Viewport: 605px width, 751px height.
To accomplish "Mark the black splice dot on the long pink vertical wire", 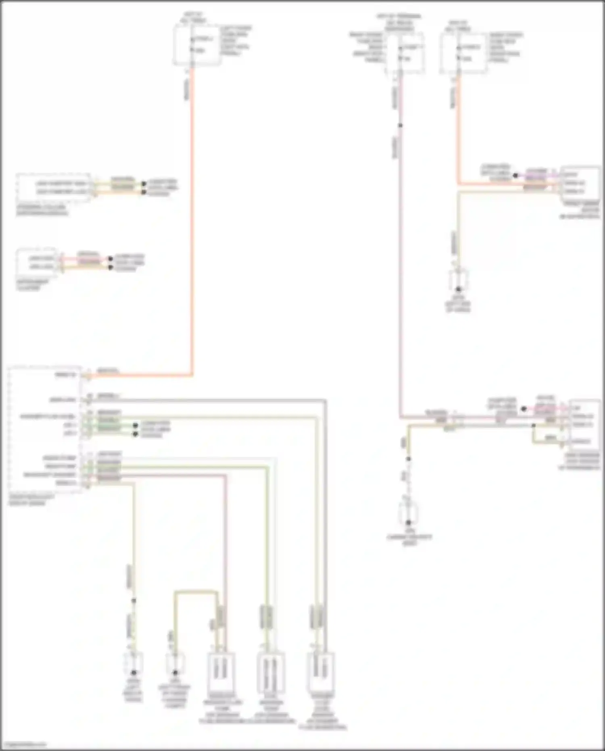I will [x=400, y=126].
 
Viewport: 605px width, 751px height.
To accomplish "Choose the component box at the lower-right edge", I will [x=584, y=425].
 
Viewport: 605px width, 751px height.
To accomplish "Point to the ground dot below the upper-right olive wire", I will [x=458, y=289].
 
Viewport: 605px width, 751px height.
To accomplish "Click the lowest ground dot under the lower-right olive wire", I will [x=408, y=522].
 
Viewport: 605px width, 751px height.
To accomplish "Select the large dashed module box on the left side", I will [x=45, y=429].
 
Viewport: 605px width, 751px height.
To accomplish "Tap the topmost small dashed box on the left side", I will [x=53, y=188].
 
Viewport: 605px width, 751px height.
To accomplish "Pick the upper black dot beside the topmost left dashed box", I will [x=144, y=184].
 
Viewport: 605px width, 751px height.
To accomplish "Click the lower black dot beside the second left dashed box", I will [x=111, y=268].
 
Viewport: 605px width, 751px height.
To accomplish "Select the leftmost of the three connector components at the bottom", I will [x=221, y=672].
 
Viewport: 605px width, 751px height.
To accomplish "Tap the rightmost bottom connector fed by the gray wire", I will [x=321, y=672].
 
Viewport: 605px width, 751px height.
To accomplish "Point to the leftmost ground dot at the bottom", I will [x=134, y=673].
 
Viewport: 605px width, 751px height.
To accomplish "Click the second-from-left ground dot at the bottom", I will [x=175, y=673].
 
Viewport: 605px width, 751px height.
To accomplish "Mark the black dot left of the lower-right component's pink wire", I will [x=524, y=409].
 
